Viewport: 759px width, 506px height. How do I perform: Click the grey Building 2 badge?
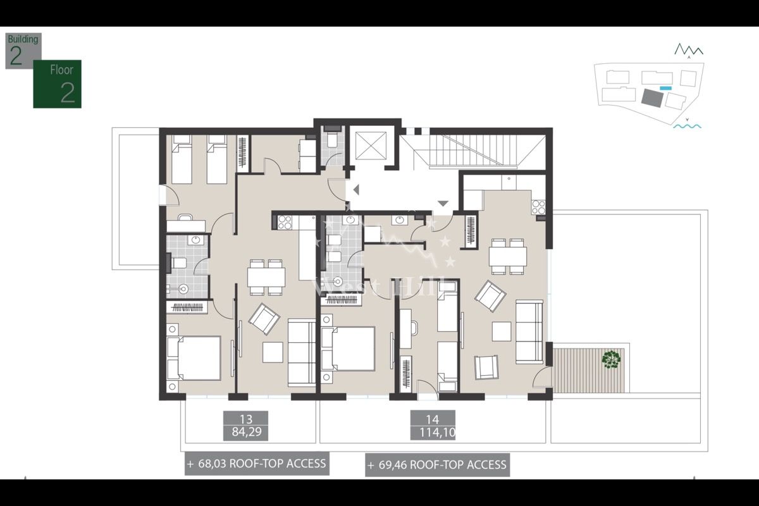[x=23, y=51]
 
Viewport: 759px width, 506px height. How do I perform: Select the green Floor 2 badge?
[x=58, y=84]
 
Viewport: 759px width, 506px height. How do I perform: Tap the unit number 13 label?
[x=246, y=418]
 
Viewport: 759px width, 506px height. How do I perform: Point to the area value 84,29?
[x=246, y=433]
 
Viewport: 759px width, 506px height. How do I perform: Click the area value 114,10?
[x=433, y=433]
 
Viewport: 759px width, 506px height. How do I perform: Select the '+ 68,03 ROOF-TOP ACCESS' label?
[x=257, y=464]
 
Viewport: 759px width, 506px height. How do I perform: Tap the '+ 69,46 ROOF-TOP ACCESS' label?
[x=437, y=465]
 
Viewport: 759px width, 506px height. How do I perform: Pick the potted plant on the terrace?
[x=611, y=359]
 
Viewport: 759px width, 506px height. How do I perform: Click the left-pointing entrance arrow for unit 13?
[x=355, y=188]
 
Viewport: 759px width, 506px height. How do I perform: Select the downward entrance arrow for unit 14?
[x=443, y=204]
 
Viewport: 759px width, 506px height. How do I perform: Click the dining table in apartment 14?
[x=507, y=256]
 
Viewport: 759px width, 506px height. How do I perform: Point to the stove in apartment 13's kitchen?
[x=285, y=222]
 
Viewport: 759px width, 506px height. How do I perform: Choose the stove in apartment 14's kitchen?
[x=538, y=206]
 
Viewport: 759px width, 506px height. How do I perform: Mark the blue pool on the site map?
[x=665, y=87]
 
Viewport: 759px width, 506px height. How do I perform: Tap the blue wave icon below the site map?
[x=687, y=126]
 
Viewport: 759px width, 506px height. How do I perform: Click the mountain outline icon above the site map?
[x=688, y=49]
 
